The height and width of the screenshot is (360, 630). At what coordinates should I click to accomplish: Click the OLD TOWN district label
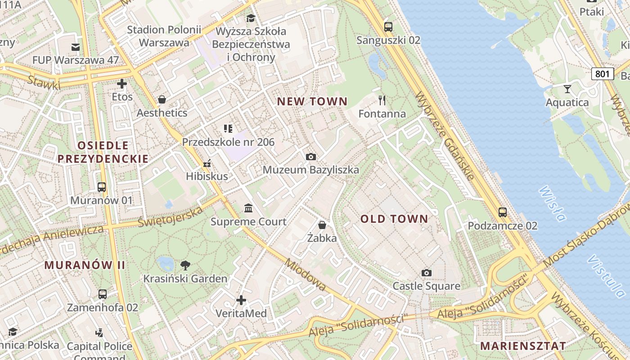coord(394,219)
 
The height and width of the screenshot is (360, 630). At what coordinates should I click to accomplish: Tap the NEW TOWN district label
coord(312,102)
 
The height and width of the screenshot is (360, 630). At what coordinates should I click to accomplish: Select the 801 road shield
coord(603,74)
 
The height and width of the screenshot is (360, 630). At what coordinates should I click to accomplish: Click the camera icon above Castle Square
coord(427,273)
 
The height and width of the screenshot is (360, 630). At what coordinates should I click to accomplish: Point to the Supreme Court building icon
coord(248,208)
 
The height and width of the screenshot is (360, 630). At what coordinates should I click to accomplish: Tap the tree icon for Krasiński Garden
coord(185,265)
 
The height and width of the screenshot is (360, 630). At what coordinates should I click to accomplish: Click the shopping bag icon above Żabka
coord(322,225)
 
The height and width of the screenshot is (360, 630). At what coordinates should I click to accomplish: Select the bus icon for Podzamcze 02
coord(503,212)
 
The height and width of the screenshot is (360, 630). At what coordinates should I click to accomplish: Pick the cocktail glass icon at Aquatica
coord(567,89)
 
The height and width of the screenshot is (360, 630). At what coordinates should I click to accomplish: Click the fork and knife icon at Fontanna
coord(382,100)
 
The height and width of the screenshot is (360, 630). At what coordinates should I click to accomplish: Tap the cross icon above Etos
coord(122,84)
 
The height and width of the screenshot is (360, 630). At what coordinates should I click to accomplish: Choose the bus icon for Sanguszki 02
coord(388,27)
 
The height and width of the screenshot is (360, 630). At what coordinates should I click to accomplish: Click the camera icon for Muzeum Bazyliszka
coord(310,157)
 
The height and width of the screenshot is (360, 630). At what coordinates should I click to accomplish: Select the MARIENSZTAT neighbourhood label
coord(523,346)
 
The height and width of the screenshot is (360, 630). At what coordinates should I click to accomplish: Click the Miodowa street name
coord(306,275)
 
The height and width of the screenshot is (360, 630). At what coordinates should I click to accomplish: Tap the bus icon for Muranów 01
coord(102,187)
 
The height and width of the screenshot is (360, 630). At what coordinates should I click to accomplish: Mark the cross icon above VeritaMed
coord(241,300)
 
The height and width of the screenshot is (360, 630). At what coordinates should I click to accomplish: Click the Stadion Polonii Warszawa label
coord(164,36)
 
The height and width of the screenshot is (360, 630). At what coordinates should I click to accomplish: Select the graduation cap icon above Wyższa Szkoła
coord(251,18)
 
